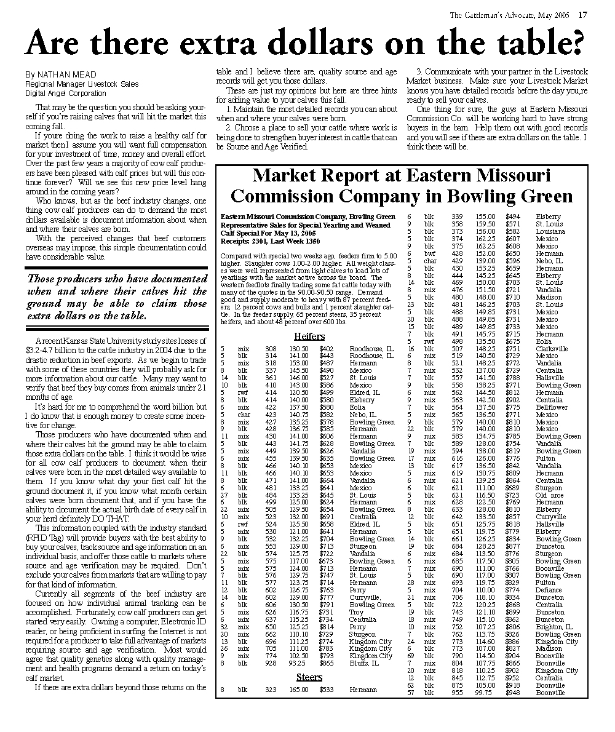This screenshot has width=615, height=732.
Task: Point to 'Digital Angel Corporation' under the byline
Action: click(66, 93)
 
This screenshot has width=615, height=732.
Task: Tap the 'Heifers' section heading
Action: click(309, 336)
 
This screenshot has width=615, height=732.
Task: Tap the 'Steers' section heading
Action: click(309, 677)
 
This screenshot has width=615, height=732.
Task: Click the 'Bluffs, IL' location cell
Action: click(363, 664)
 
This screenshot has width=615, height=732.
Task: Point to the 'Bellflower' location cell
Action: click(551, 407)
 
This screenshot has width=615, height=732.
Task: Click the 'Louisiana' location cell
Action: click(550, 231)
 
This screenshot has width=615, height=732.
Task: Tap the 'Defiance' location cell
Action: click(549, 590)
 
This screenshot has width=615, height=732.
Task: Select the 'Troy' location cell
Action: click(356, 612)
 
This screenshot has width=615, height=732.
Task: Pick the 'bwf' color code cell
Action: click(429, 253)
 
